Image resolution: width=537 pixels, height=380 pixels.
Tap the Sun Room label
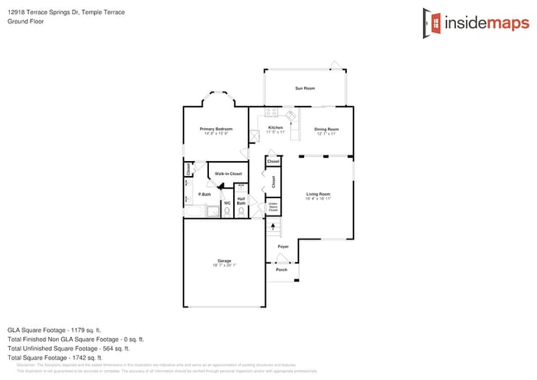pyautogui.click(x=305, y=88)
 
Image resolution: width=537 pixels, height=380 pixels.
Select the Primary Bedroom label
pyautogui.click(x=216, y=130)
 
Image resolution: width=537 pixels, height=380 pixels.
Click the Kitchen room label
pyautogui.click(x=276, y=128)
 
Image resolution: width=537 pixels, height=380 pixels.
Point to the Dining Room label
pyautogui.click(x=326, y=130)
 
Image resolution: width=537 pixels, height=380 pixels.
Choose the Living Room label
pyautogui.click(x=318, y=195)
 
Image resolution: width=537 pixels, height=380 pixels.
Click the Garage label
pyautogui.click(x=224, y=261)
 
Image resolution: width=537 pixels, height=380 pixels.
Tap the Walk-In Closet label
pyautogui.click(x=228, y=174)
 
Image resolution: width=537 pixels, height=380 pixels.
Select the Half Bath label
pyautogui.click(x=241, y=200)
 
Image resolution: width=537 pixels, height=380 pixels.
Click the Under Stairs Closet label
pyautogui.click(x=273, y=207)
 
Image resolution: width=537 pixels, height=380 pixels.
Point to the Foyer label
pyautogui.click(x=283, y=246)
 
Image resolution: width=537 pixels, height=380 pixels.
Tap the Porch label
pyautogui.click(x=282, y=269)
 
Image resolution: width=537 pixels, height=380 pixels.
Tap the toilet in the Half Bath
pyautogui.click(x=241, y=211)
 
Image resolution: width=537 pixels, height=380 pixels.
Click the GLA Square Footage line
pyautogui.click(x=55, y=330)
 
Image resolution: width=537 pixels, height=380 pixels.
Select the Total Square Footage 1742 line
pyautogui.click(x=55, y=358)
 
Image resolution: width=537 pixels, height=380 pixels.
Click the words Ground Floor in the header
pyautogui.click(x=26, y=22)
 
